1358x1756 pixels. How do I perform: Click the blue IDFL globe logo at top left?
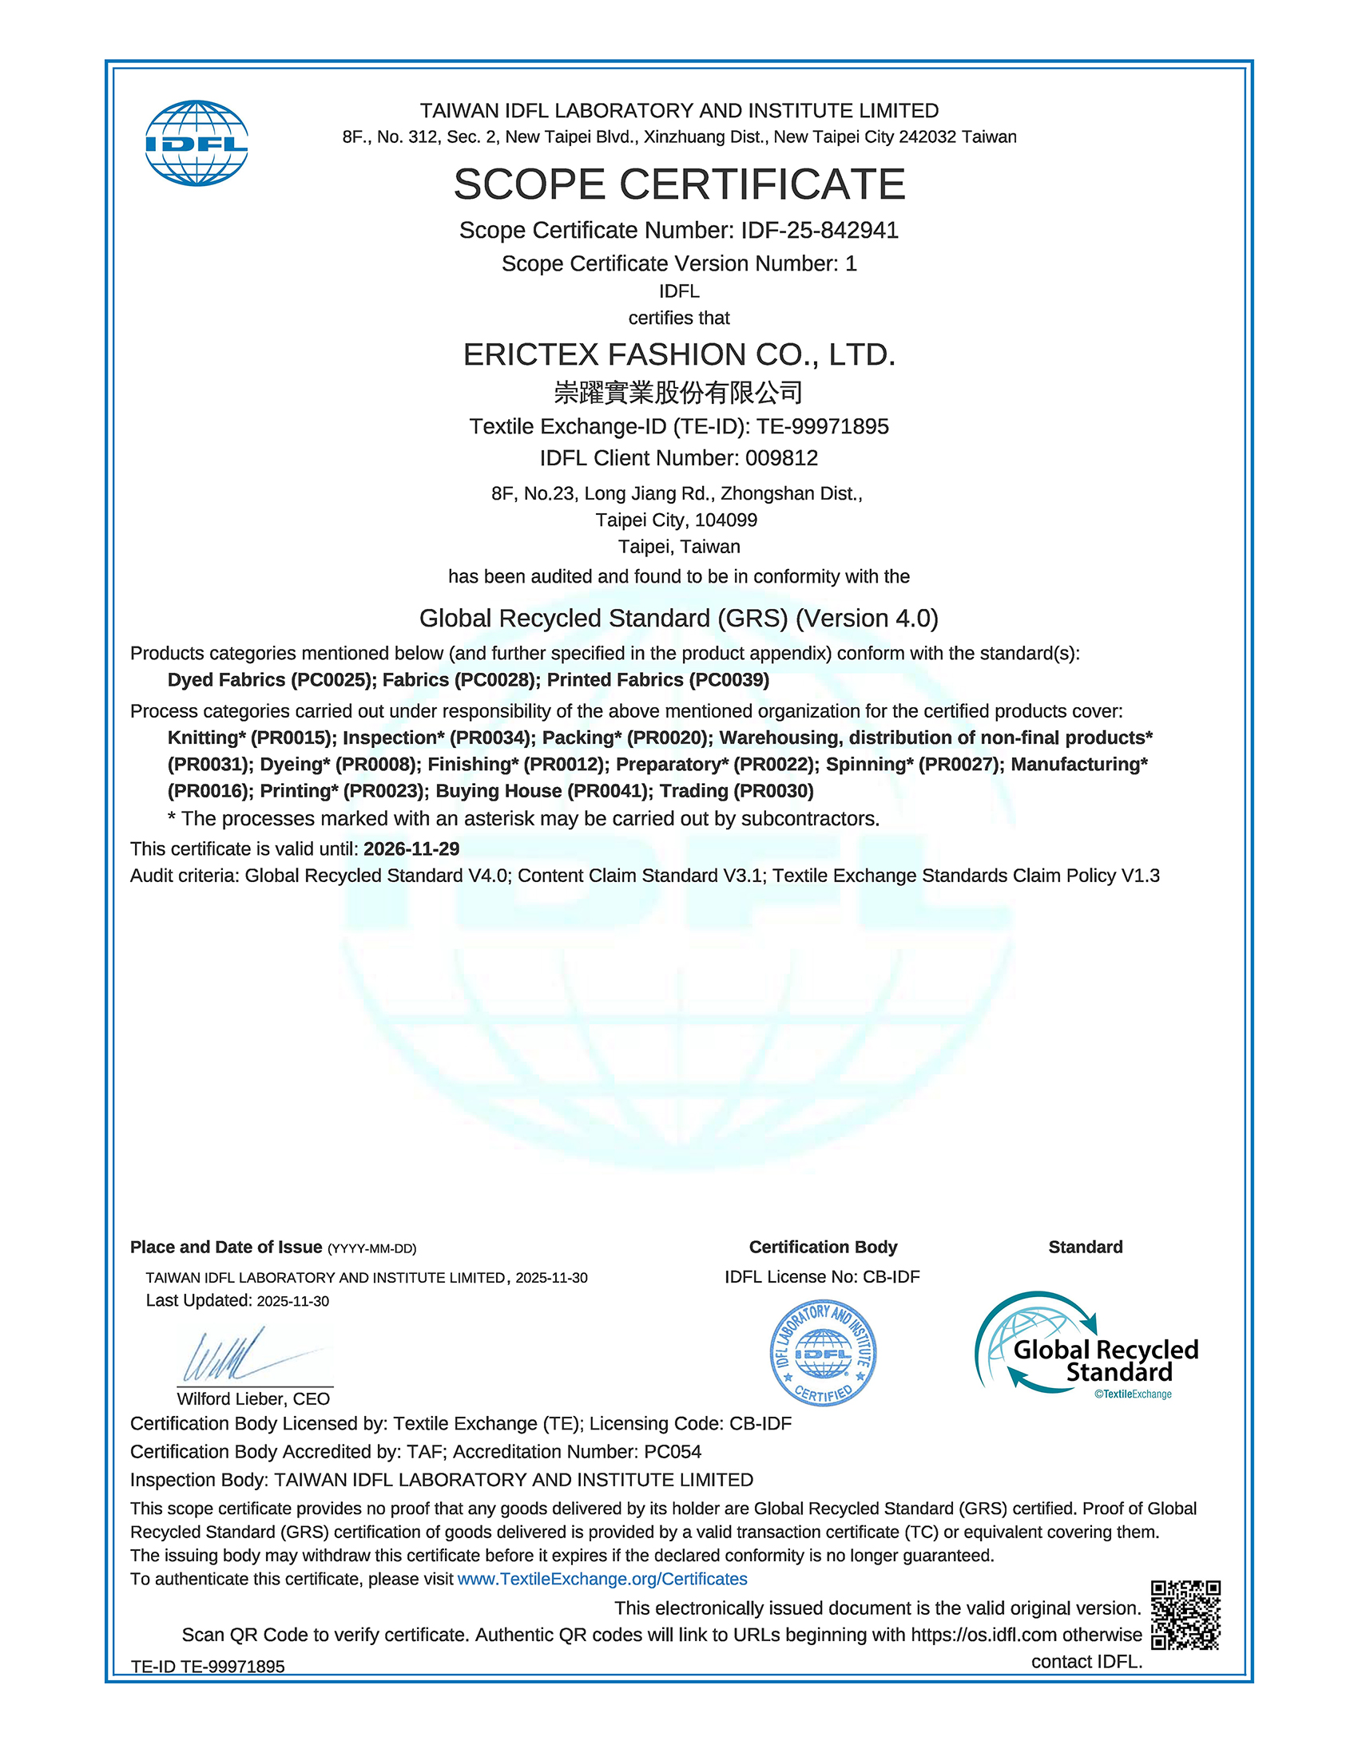click(197, 143)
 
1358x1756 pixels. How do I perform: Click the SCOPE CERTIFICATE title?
click(679, 184)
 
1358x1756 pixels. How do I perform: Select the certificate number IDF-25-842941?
click(819, 231)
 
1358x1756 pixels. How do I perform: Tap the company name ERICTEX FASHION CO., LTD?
click(679, 354)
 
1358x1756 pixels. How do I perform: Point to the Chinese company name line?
click(679, 393)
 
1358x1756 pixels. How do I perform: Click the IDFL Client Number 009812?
click(781, 458)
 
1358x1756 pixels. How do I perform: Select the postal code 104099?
click(725, 520)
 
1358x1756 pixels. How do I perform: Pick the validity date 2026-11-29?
click(411, 849)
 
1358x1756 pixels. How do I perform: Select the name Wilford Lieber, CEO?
click(253, 1399)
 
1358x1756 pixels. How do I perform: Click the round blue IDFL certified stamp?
click(823, 1352)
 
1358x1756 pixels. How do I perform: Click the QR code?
click(1185, 1616)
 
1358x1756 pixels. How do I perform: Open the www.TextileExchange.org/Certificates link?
click(602, 1579)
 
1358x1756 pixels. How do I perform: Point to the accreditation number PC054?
click(673, 1452)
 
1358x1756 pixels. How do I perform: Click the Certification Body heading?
click(823, 1247)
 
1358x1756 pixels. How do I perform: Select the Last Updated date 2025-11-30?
click(293, 1302)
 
